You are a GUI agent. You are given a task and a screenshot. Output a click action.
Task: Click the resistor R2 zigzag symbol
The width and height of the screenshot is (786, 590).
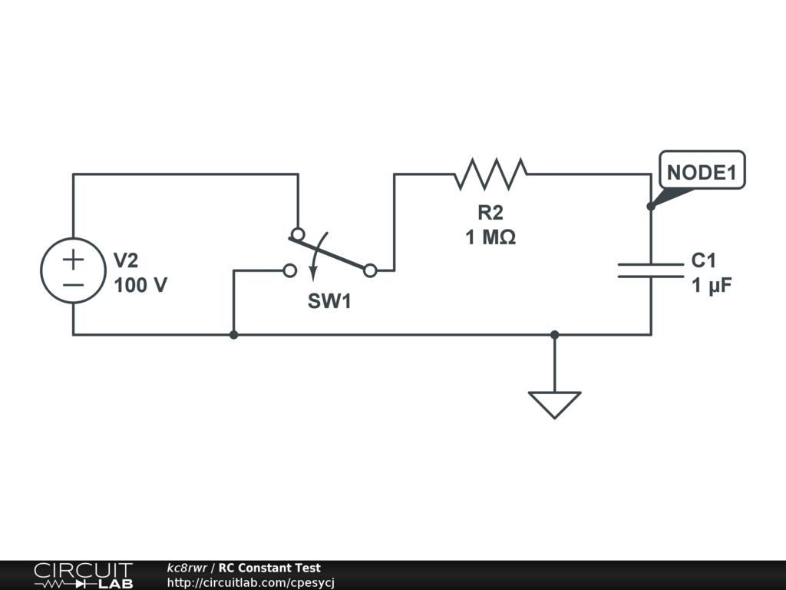490,174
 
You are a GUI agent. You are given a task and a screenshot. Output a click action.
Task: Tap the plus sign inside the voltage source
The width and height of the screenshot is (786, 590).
73,260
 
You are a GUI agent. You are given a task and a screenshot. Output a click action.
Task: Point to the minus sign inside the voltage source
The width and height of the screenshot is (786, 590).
73,285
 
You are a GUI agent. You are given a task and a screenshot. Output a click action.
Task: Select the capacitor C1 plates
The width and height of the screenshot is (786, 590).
651,270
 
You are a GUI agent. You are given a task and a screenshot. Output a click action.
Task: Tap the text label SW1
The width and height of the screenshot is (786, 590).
329,301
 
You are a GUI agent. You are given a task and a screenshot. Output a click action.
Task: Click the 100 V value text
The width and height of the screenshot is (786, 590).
140,285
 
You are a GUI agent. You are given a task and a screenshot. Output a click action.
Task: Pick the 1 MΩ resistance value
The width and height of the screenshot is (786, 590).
490,237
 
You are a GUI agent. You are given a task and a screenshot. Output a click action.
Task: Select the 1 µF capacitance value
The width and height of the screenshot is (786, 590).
712,286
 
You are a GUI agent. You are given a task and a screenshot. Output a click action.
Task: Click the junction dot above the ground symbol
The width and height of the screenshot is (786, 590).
554,335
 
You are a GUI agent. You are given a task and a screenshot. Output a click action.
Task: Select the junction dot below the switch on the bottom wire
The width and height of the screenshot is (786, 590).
233,335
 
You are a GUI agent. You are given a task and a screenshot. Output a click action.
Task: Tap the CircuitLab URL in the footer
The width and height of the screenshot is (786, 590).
251,582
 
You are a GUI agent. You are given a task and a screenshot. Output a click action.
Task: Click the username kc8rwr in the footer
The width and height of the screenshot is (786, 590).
187,568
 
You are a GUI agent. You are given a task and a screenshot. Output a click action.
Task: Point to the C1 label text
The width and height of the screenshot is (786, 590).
704,260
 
